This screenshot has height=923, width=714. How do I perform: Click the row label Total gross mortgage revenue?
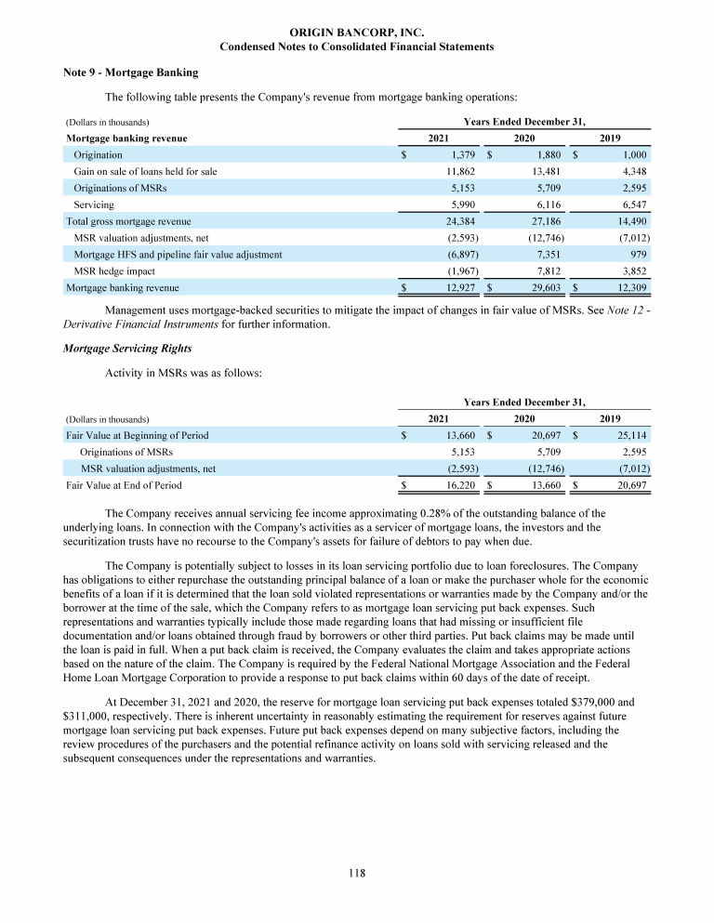(x=128, y=221)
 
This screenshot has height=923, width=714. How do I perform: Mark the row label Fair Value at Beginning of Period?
(x=137, y=435)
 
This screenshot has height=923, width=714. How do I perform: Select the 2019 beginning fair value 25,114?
(x=628, y=435)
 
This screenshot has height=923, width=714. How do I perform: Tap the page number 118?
(x=357, y=872)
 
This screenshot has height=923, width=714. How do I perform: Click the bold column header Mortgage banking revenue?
(x=127, y=138)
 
